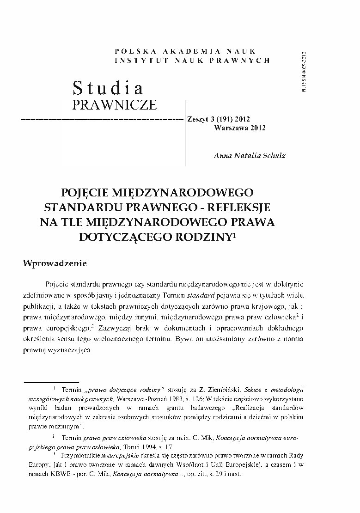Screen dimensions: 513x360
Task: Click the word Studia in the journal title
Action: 108,87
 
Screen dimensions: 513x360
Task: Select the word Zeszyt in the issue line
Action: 198,119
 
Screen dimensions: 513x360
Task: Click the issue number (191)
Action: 226,119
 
